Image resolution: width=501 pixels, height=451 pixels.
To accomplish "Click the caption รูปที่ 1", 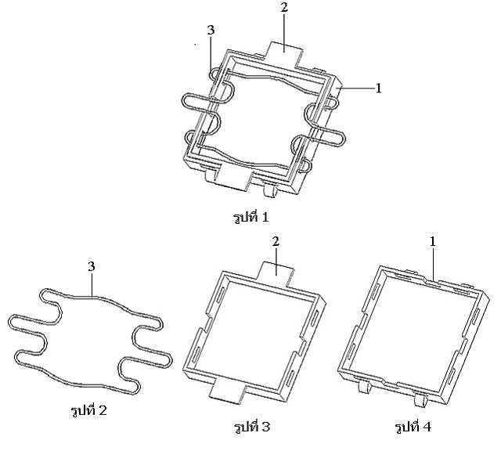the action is click(x=250, y=218).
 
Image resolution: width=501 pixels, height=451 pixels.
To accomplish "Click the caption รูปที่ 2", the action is click(x=88, y=410).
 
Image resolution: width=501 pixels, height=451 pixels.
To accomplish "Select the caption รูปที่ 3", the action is click(x=252, y=427).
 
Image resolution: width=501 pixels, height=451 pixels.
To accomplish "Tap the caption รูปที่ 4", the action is click(x=413, y=427).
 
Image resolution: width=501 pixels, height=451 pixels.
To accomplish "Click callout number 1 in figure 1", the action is click(x=378, y=88).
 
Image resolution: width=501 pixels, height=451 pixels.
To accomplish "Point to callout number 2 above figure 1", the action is click(x=284, y=8).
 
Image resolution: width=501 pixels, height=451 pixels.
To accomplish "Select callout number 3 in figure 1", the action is click(x=211, y=31).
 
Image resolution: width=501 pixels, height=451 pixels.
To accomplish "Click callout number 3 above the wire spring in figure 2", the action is click(x=92, y=266).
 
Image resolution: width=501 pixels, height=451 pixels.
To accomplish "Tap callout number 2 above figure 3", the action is click(x=276, y=241).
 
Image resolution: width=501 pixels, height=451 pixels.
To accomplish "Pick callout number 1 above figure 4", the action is click(x=433, y=242).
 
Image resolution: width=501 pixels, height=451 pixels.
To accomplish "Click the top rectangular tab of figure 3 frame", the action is click(x=276, y=272).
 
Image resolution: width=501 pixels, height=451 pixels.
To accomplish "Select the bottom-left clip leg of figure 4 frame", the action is click(x=364, y=386).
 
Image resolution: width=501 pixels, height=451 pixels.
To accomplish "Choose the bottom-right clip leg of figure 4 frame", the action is click(x=421, y=399).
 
